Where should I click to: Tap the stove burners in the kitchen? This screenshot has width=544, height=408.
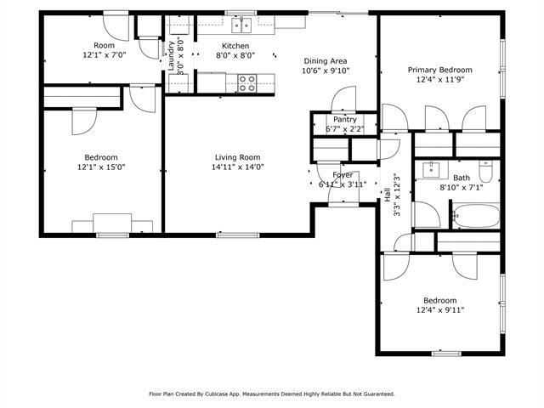(247, 82)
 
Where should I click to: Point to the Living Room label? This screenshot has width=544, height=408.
(237, 156)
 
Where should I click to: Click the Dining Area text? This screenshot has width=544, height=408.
(326, 60)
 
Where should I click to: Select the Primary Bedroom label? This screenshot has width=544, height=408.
(439, 70)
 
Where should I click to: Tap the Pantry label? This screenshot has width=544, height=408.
(344, 120)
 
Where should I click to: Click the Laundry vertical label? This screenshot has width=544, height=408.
(171, 54)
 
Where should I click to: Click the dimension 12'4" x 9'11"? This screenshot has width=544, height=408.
(440, 310)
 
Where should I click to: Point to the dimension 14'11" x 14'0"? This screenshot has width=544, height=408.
(237, 167)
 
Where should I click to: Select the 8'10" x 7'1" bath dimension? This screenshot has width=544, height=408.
(461, 188)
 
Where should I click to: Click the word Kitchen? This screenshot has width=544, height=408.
(235, 45)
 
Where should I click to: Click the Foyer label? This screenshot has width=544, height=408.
(343, 175)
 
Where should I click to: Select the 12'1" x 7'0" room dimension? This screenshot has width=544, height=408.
(104, 54)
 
